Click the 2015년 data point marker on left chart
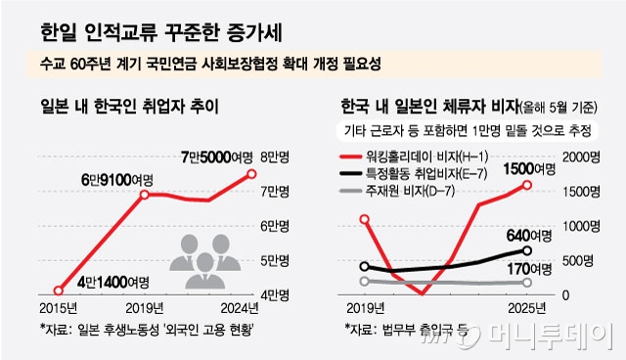[59, 291]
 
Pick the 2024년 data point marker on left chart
[251, 174]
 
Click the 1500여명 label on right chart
[530, 169]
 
